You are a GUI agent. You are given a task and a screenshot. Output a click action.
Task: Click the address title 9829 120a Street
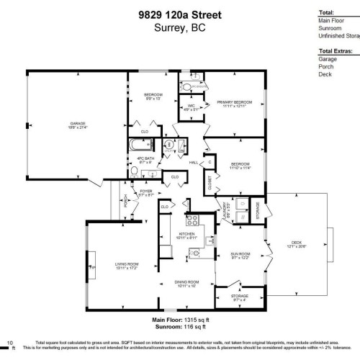[x=179, y=14]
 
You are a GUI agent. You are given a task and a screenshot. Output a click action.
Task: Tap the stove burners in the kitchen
[x=192, y=220]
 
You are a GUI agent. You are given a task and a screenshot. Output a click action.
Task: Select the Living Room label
[x=126, y=266]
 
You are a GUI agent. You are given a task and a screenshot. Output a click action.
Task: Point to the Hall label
[x=194, y=163]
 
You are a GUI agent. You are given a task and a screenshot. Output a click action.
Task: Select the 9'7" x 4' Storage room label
[x=239, y=297]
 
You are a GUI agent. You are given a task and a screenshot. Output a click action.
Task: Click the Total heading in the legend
[x=327, y=13]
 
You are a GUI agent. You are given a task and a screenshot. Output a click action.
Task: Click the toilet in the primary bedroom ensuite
[x=188, y=88]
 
